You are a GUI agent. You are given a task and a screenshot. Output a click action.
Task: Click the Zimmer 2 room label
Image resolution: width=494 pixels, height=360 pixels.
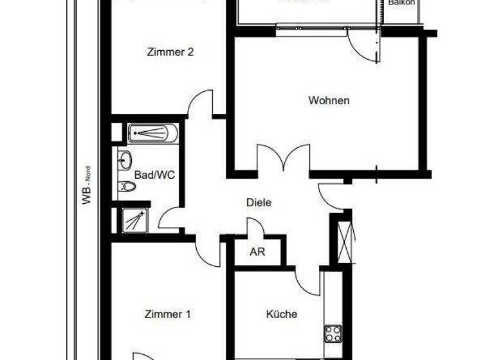170,53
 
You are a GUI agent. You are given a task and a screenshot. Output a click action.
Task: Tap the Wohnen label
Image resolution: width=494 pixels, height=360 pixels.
329,100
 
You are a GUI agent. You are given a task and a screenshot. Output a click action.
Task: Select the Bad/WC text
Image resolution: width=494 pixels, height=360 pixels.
154,174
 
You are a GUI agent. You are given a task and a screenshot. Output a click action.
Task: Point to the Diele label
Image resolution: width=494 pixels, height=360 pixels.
259,202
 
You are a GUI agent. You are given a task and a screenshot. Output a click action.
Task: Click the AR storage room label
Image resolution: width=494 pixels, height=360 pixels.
257,252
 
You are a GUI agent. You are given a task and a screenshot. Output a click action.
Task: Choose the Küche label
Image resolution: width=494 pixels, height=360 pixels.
282,314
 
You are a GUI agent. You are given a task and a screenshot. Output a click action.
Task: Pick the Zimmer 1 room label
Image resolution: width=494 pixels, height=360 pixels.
167,314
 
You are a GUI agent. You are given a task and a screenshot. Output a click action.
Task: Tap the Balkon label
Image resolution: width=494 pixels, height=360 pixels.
402,3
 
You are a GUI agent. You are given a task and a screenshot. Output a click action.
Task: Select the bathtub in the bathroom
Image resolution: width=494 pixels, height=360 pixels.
152,133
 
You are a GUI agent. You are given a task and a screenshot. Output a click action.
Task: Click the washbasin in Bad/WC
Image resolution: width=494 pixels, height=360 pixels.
125,160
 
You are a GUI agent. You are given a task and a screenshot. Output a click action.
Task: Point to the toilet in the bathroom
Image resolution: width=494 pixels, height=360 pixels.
126,187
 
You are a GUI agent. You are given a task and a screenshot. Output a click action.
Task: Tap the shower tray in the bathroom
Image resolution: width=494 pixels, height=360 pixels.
134,221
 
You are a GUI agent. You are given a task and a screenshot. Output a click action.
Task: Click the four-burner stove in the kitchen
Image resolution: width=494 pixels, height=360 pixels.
333,334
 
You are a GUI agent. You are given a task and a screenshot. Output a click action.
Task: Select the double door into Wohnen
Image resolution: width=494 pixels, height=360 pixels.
284,159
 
